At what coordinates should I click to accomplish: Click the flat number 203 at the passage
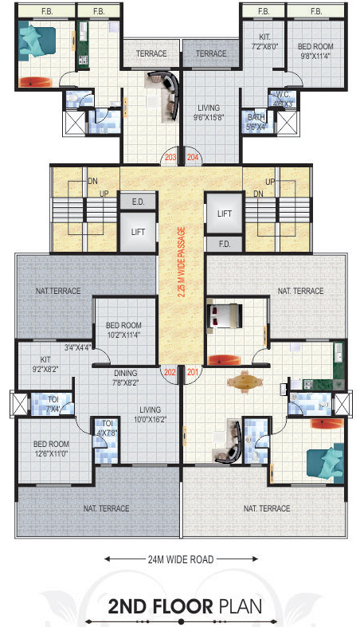click(170, 158)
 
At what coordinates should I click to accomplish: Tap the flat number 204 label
click(192, 158)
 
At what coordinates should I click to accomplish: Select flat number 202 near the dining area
click(169, 372)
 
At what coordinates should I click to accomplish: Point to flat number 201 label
click(192, 372)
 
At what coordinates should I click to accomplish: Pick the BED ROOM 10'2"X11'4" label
click(123, 330)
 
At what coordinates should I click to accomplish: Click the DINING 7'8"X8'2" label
click(125, 378)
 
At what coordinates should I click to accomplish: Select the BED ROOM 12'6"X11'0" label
click(51, 449)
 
